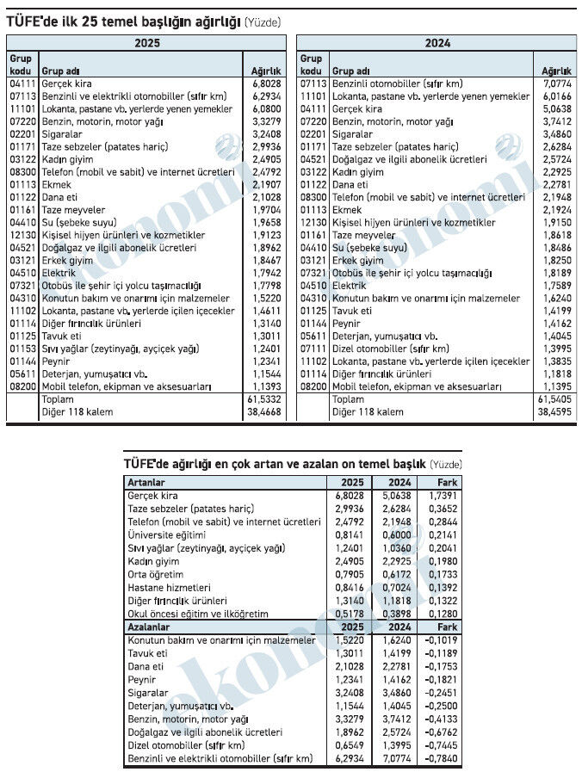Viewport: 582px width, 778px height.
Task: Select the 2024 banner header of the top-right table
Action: click(x=437, y=43)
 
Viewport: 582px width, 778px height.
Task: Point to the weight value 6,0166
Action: click(x=555, y=96)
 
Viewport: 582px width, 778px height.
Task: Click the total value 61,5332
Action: click(x=265, y=399)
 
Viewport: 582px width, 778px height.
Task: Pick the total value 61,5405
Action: click(x=554, y=399)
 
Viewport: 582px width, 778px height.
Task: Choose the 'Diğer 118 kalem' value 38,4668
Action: click(x=265, y=412)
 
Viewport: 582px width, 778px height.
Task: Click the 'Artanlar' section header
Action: click(x=146, y=482)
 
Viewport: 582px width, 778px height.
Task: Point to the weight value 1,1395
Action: click(x=555, y=386)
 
